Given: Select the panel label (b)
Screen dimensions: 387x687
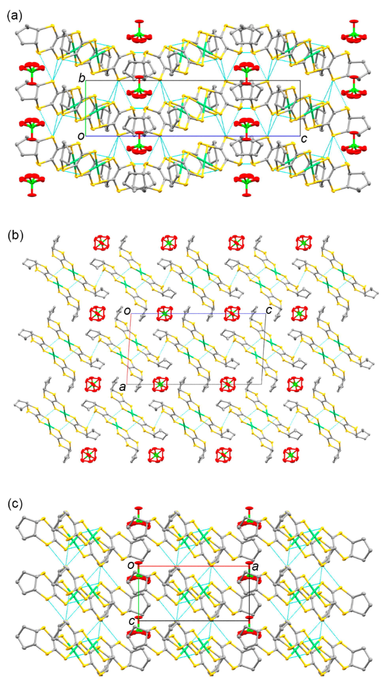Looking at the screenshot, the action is [15, 236].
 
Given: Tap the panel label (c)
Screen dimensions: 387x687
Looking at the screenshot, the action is [15, 504].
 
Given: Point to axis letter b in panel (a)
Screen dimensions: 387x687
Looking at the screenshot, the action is [82, 78].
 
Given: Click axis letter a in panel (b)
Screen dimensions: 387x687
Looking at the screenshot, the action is [122, 387].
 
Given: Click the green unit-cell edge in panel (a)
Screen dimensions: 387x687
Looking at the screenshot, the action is [86, 108].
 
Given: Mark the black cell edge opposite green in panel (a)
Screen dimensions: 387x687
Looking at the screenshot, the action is [300, 108].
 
